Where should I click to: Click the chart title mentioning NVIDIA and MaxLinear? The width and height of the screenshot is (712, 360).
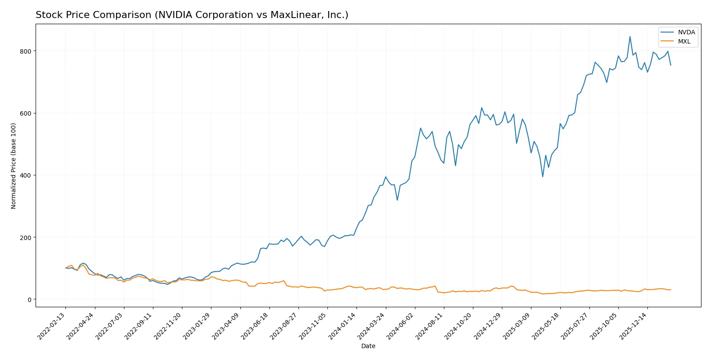[x=192, y=15]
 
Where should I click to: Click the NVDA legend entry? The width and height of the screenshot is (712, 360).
[x=686, y=32]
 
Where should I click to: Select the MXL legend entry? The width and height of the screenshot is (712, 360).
[x=684, y=41]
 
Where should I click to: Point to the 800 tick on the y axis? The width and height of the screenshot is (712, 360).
[x=25, y=51]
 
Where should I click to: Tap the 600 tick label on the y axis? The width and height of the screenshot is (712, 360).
[x=25, y=113]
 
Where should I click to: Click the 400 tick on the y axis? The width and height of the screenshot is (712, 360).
[x=25, y=175]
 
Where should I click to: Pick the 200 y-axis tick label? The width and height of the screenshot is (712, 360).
[x=25, y=237]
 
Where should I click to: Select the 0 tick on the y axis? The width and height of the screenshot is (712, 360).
[x=29, y=300]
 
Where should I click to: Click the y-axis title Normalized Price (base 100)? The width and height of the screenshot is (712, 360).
[x=14, y=166]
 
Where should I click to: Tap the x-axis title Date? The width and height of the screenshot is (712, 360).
[x=368, y=346]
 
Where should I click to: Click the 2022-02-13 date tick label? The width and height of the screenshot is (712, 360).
[x=52, y=326]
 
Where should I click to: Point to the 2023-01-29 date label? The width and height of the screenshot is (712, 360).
[x=198, y=326]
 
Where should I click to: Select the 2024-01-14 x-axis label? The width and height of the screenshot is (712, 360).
[x=343, y=326]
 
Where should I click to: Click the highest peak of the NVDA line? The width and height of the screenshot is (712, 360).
[x=630, y=36]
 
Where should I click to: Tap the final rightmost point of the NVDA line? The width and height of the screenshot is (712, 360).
[x=671, y=65]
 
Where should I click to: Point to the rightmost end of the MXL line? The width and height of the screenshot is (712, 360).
[x=671, y=290]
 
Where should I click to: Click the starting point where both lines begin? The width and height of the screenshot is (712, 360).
[x=65, y=268]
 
